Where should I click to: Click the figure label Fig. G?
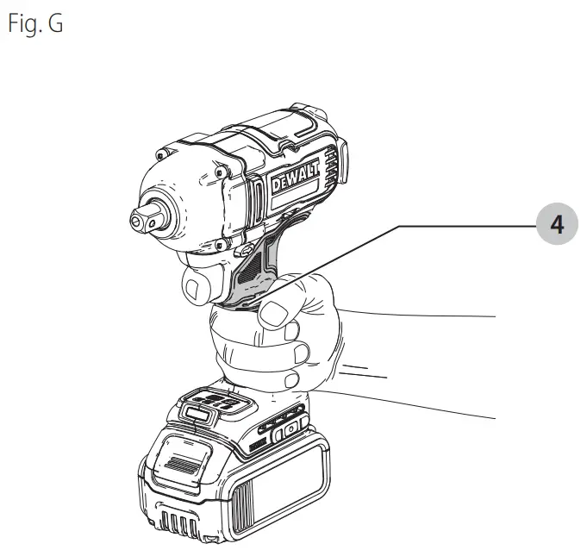35,23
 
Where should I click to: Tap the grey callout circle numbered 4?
557,224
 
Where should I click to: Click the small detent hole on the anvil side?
152,225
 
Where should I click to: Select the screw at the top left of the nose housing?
161,154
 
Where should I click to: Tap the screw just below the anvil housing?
219,245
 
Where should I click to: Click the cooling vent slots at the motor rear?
331,165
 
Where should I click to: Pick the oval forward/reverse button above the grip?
245,250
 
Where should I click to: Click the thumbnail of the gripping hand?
272,314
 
